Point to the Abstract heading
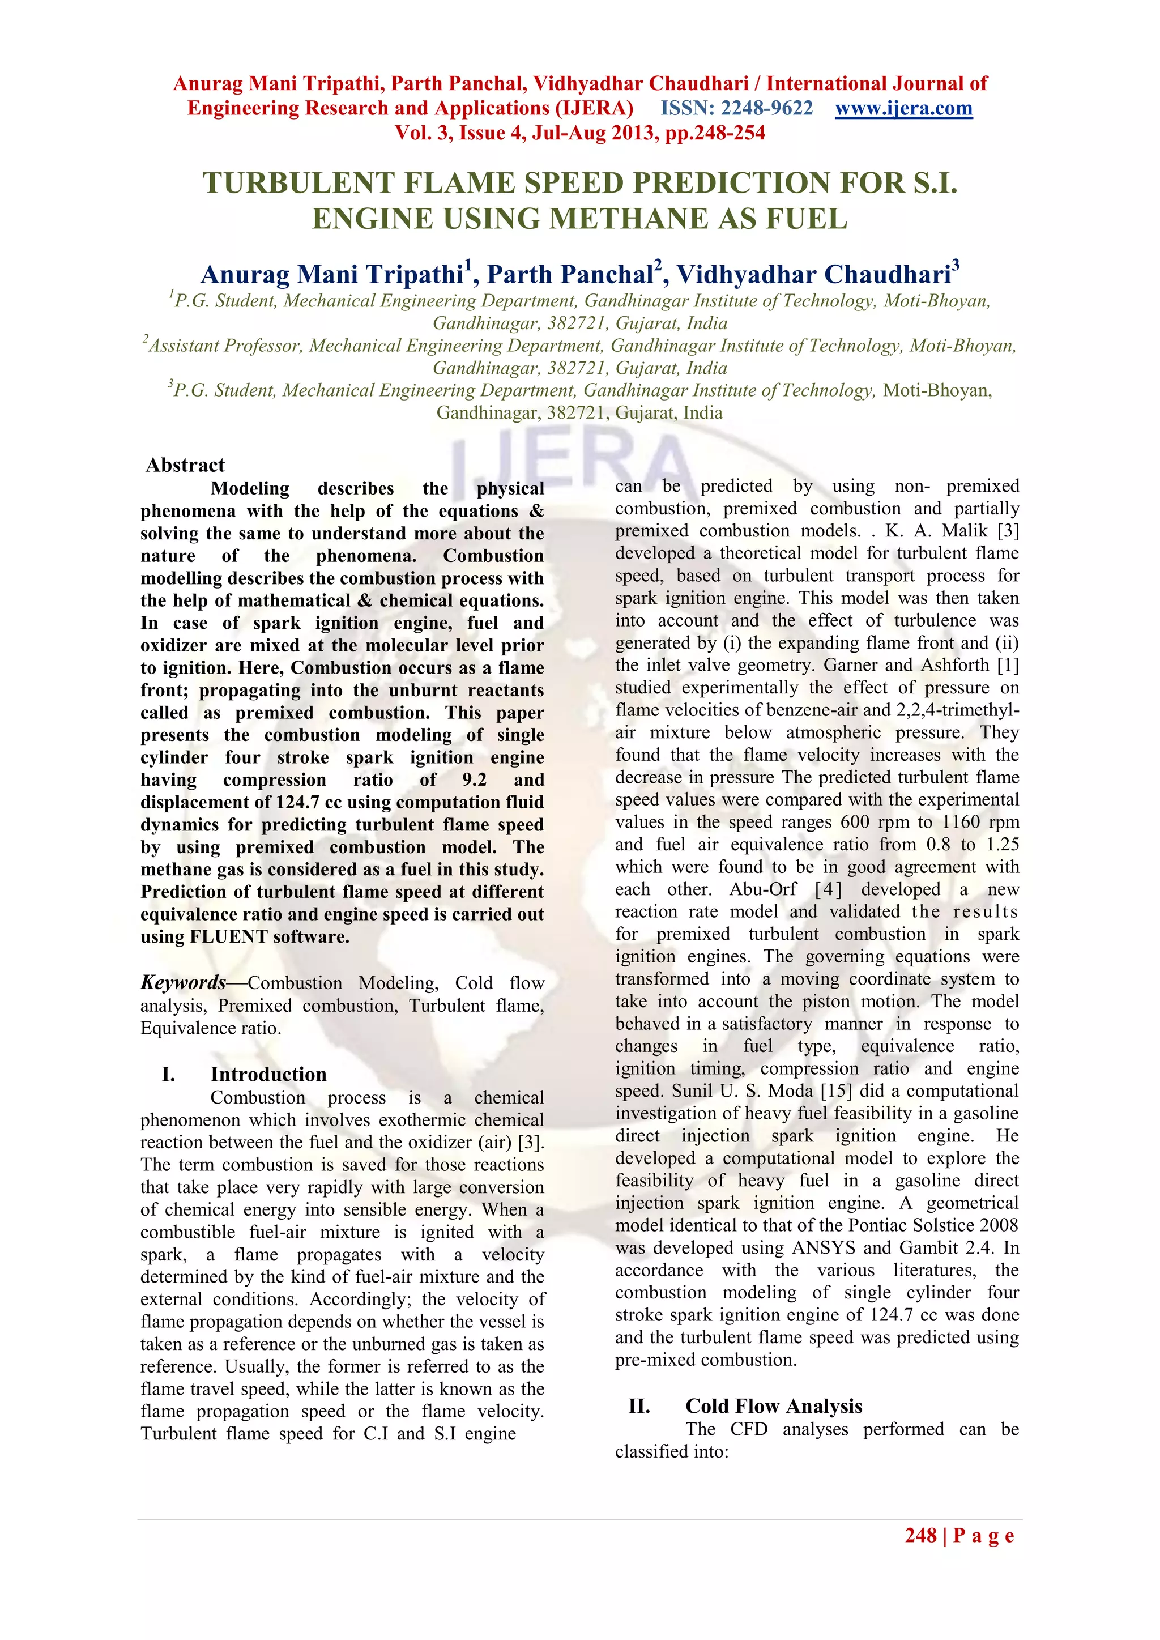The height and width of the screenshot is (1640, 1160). coord(185,465)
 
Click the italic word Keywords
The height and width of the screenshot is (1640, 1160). coord(183,982)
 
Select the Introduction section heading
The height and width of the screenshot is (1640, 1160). coord(268,1074)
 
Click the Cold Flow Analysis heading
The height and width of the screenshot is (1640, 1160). coord(774,1405)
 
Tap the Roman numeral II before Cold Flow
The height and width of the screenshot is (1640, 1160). coord(638,1405)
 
